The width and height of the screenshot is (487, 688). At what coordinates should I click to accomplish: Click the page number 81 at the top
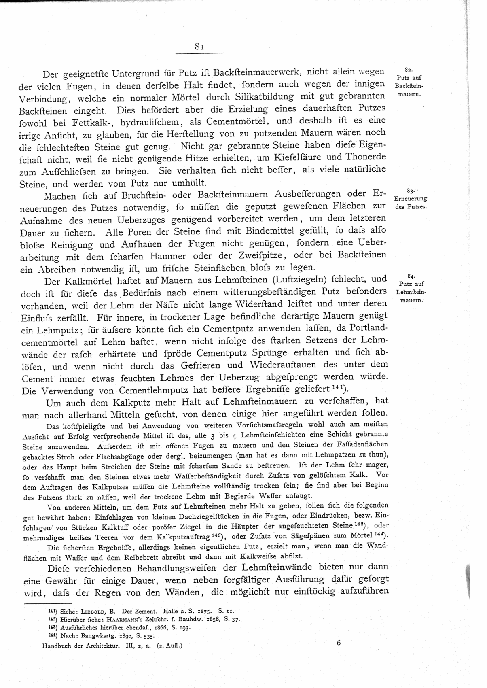[199, 46]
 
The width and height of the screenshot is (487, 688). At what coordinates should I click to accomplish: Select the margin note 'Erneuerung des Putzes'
[410, 202]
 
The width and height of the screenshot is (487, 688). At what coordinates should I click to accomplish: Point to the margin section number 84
[411, 276]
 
